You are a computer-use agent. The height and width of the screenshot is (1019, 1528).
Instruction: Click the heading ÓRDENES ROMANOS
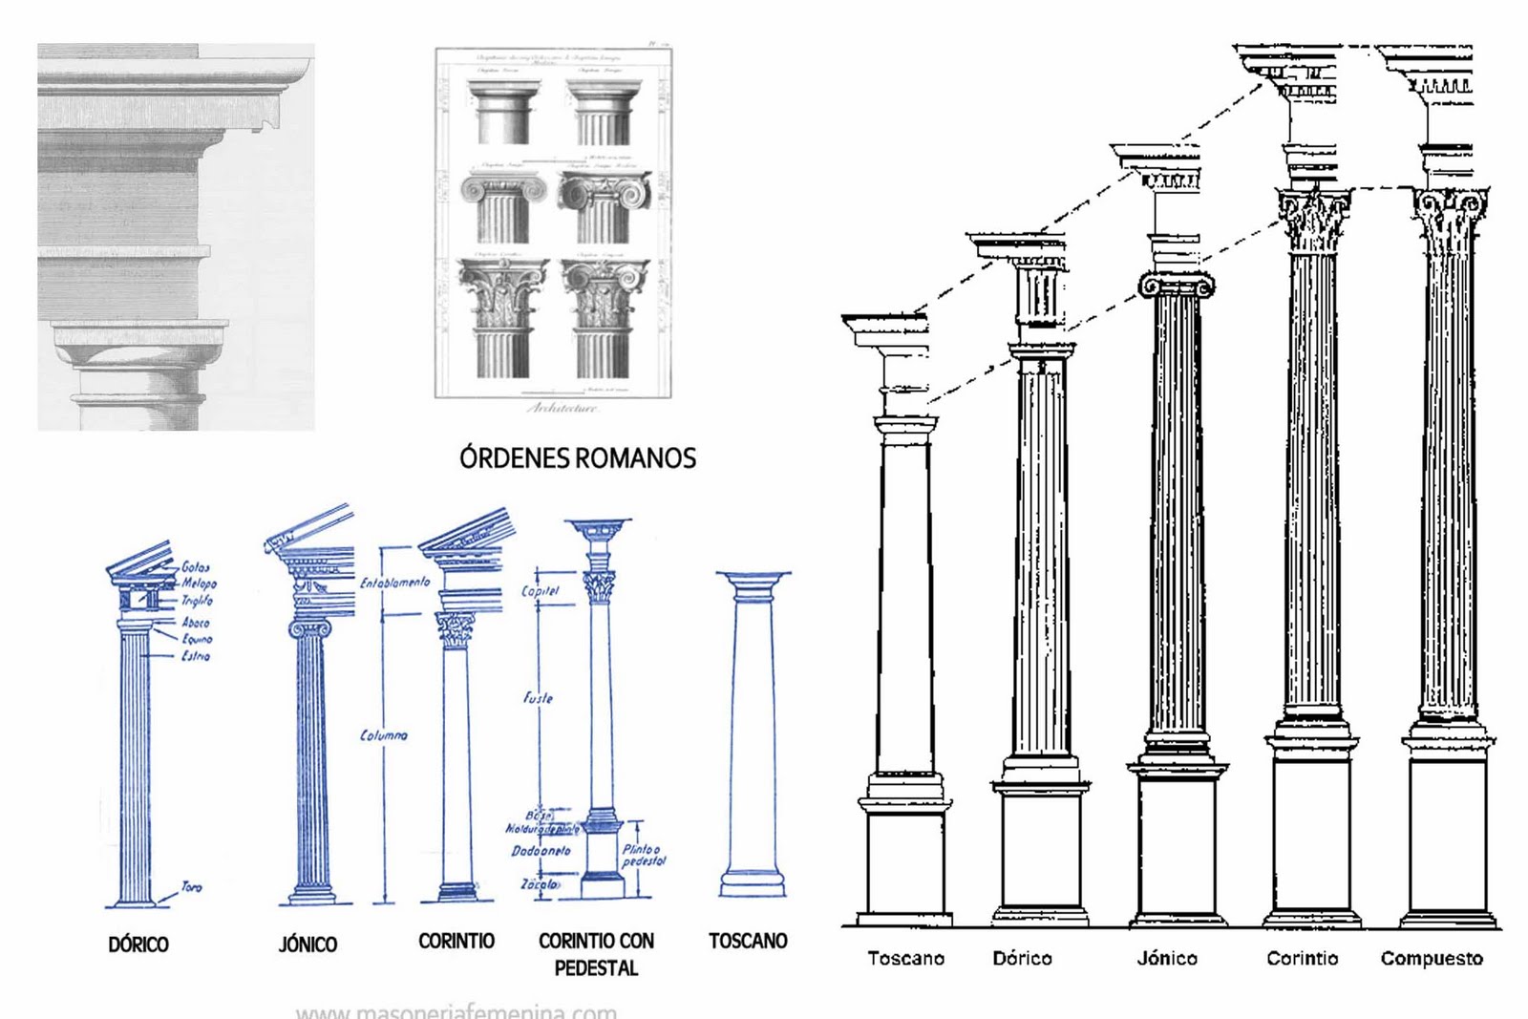pyautogui.click(x=578, y=458)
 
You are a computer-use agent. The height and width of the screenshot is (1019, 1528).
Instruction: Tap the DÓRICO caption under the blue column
pyautogui.click(x=138, y=945)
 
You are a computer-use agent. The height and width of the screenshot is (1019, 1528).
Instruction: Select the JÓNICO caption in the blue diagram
pyautogui.click(x=308, y=945)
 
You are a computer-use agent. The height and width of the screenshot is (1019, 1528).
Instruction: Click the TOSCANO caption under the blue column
pyautogui.click(x=748, y=941)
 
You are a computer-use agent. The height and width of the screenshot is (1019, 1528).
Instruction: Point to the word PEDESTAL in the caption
pyautogui.click(x=596, y=968)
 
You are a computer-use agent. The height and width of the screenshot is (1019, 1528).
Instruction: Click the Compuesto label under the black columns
pyautogui.click(x=1432, y=958)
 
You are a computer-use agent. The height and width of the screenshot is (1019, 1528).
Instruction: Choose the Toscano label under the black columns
pyautogui.click(x=905, y=958)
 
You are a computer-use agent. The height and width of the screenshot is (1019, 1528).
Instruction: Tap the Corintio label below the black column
pyautogui.click(x=1302, y=958)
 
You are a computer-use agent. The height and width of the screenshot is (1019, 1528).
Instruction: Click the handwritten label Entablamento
pyautogui.click(x=395, y=582)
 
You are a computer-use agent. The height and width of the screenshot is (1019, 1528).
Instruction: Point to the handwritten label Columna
pyautogui.click(x=384, y=735)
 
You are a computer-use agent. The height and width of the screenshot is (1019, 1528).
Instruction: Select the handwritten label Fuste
pyautogui.click(x=539, y=698)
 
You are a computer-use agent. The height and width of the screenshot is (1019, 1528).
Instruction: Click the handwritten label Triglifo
pyautogui.click(x=197, y=601)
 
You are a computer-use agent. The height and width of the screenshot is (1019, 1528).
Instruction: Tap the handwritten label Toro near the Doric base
pyautogui.click(x=192, y=887)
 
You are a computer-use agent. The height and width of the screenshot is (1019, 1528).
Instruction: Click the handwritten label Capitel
pyautogui.click(x=540, y=591)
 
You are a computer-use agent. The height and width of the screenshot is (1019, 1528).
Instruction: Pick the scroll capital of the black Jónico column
pyautogui.click(x=1176, y=285)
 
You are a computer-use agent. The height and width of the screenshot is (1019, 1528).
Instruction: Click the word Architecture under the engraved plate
pyautogui.click(x=563, y=408)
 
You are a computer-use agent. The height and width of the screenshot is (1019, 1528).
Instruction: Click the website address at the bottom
pyautogui.click(x=456, y=1010)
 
